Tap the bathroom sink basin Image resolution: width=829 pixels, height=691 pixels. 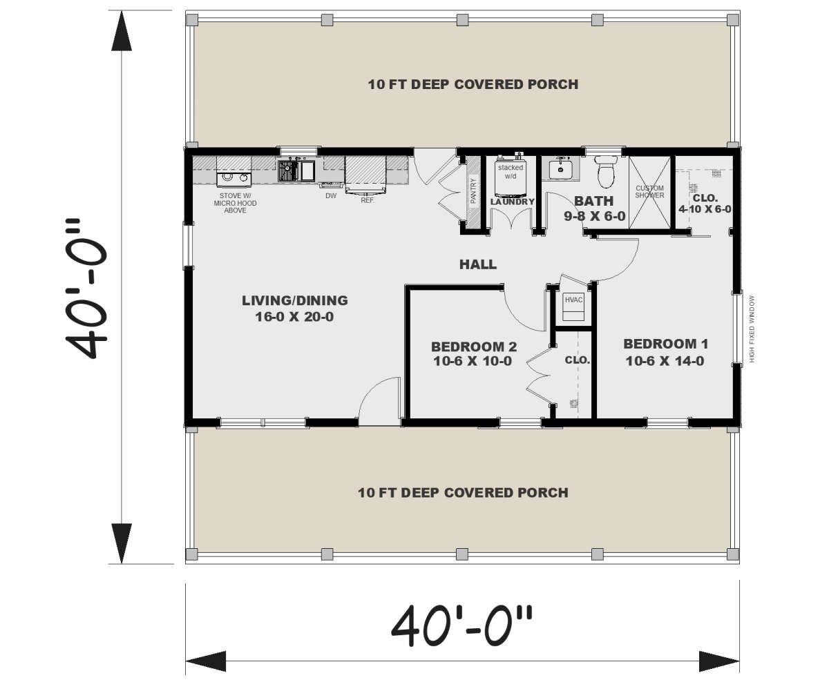click(560, 169)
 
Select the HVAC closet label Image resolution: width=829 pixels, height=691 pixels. click(573, 300)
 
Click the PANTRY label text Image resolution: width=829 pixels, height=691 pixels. click(473, 191)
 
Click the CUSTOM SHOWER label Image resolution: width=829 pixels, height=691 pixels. click(649, 192)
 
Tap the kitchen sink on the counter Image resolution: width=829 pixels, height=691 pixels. click(296, 171)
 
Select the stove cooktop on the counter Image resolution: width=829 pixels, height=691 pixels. click(234, 179)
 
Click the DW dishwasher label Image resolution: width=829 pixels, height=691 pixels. click(331, 196)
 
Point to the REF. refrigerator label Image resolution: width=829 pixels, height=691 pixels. click(368, 201)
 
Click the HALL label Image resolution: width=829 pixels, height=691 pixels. click(477, 264)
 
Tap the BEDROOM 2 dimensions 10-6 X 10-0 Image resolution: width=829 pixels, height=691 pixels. click(473, 361)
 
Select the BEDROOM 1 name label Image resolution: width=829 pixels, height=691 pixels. click(665, 344)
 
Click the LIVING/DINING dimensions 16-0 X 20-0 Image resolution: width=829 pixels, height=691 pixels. click(294, 317)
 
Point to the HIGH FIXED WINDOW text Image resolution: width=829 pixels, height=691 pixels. click(752, 329)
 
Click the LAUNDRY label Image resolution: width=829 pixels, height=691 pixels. click(512, 202)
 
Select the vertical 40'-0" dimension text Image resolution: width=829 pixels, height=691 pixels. click(86, 289)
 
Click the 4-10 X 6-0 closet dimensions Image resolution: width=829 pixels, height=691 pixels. click(705, 209)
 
